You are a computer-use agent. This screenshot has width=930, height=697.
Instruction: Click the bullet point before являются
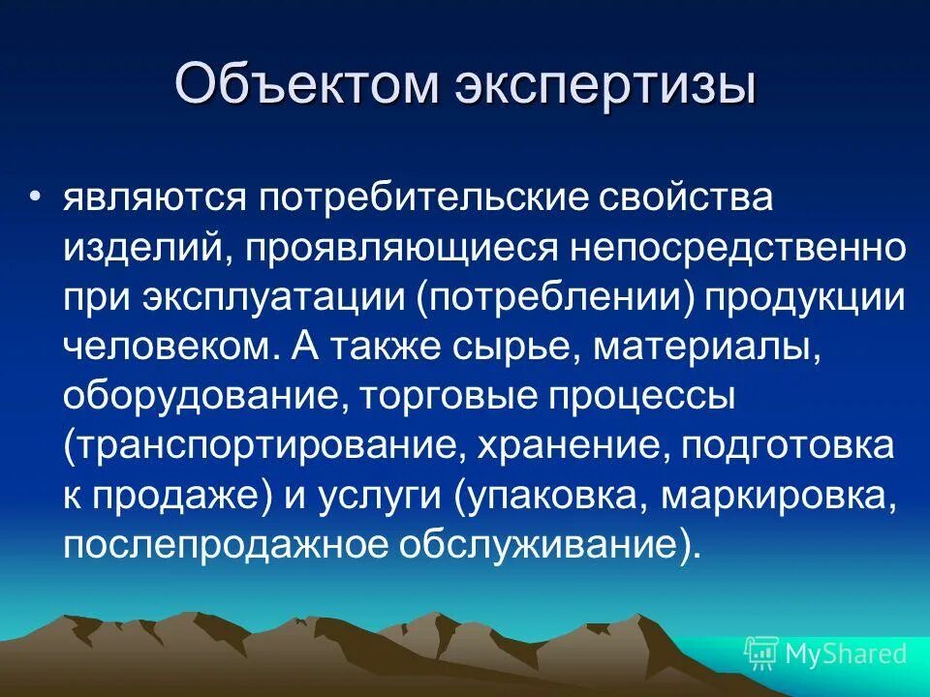click(x=35, y=170)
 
